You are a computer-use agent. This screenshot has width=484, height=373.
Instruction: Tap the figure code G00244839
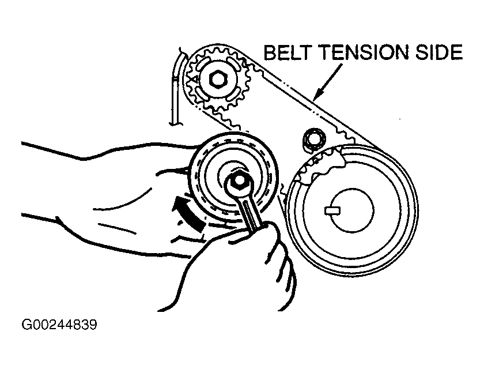point(59,325)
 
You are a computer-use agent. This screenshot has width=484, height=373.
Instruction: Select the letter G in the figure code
point(27,325)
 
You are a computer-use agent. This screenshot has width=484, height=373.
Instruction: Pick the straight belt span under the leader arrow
point(311,104)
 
